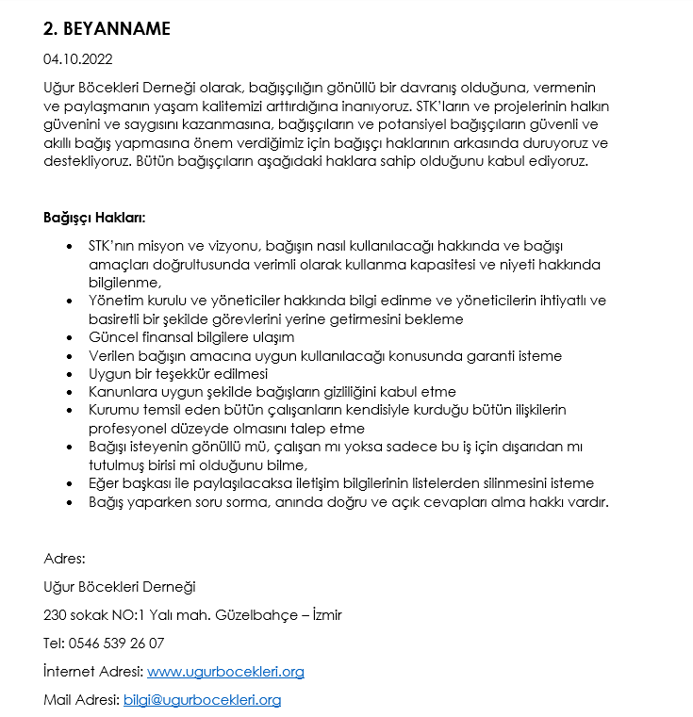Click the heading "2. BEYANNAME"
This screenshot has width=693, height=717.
(107, 29)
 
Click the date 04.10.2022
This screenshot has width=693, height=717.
(77, 59)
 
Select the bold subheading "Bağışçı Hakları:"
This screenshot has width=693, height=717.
(94, 218)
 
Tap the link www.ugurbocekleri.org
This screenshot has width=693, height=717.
(225, 672)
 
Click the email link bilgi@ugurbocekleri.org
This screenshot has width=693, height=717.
(202, 700)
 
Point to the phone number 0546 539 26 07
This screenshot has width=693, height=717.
(116, 644)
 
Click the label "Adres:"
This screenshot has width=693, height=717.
(64, 559)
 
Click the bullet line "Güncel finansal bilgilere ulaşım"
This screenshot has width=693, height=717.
(191, 337)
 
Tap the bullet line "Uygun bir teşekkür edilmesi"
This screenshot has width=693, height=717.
(178, 373)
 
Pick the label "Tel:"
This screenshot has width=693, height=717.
(54, 644)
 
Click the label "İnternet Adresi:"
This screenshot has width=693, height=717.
(93, 672)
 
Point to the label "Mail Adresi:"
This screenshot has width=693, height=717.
(82, 700)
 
